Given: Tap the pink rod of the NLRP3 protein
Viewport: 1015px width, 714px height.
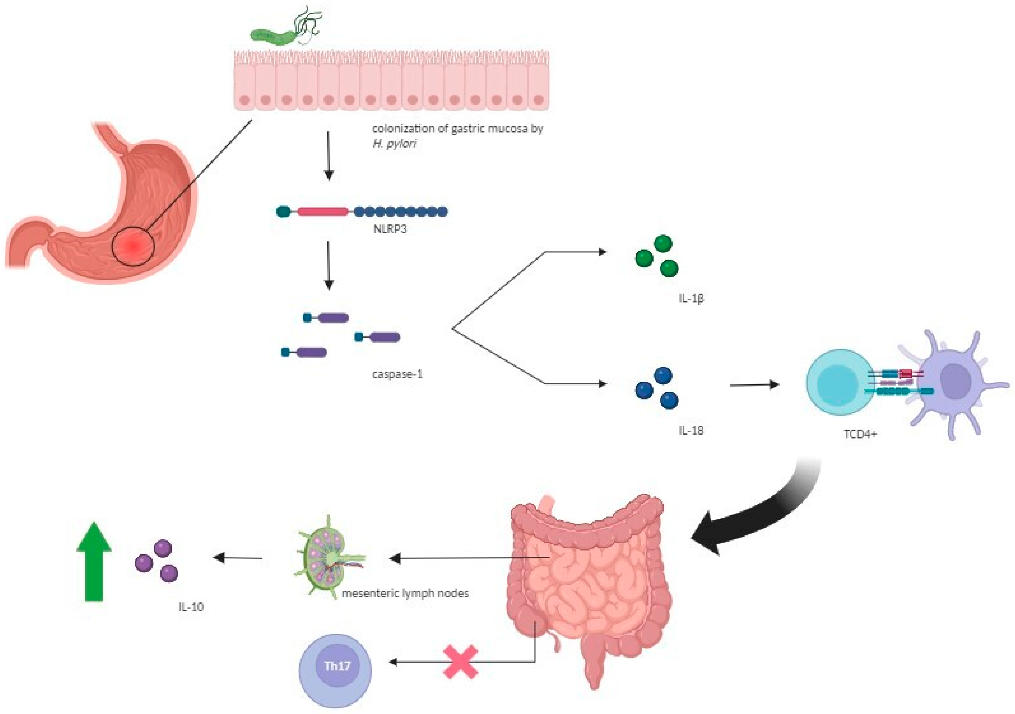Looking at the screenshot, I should click(323, 212).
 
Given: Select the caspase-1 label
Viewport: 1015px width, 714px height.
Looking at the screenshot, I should click(397, 374).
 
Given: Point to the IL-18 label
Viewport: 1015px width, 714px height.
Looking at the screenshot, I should click(691, 430).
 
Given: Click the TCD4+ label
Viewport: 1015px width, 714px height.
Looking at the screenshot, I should click(860, 434).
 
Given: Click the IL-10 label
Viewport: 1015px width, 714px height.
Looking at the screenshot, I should click(191, 607).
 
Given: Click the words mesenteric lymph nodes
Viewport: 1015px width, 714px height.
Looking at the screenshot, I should click(405, 593).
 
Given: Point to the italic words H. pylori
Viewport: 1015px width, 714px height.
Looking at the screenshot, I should click(394, 143).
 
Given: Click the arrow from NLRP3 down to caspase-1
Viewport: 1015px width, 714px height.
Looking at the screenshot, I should click(328, 265).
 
